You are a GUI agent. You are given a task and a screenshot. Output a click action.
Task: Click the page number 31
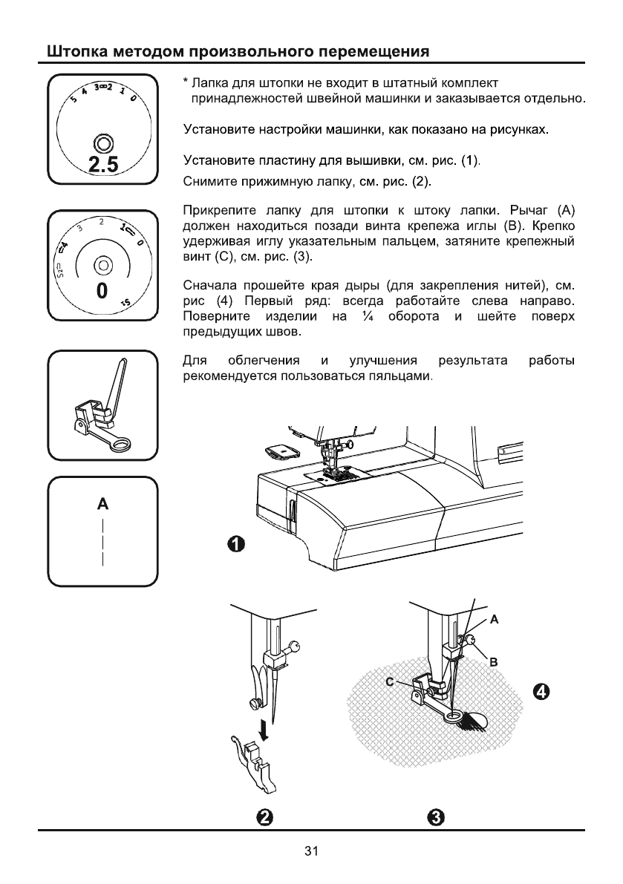311,851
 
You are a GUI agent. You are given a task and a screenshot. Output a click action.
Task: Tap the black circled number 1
235,545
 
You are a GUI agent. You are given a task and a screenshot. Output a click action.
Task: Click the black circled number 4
543,692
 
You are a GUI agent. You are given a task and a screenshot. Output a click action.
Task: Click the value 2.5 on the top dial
102,166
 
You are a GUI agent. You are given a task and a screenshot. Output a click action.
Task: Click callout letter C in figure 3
388,681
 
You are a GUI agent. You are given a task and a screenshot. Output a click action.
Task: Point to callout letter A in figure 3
494,618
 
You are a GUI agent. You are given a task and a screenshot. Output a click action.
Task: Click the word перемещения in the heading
374,53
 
